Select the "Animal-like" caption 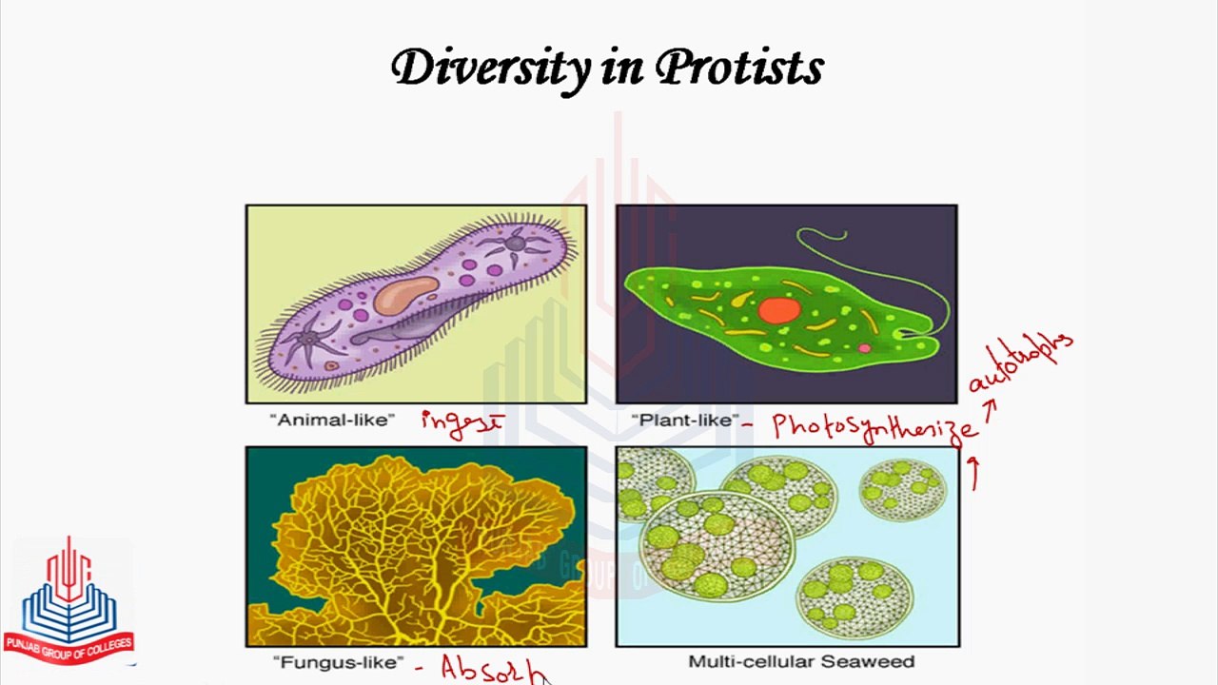coord(331,420)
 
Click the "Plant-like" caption coord(684,420)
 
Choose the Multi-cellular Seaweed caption coord(800,661)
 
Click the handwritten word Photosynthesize coord(874,426)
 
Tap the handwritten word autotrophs coord(1020,362)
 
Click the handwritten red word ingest coord(461,423)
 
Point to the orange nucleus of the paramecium coord(405,296)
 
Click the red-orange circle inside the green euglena coord(778,311)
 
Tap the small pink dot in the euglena coord(864,348)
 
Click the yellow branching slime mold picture coord(416,547)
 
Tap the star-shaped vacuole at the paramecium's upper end coord(514,244)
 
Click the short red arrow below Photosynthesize coord(973,473)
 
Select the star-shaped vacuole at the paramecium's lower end coord(306,338)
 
